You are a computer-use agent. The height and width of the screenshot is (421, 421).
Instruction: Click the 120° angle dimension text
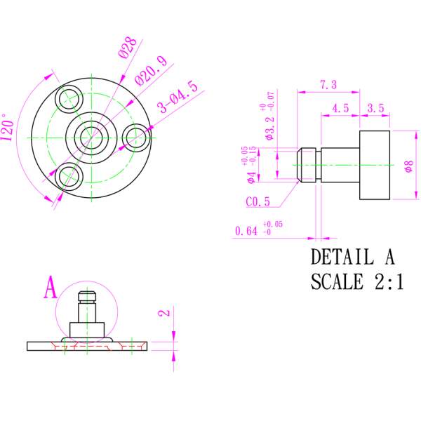pos(8,128)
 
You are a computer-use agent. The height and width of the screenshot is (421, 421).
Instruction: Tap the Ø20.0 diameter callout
pos(151,70)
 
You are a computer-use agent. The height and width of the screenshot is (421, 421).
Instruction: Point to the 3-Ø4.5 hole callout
pos(178,98)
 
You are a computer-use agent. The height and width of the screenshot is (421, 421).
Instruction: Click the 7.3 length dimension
pos(328,85)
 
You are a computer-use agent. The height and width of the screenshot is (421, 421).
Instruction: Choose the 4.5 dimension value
pos(340,108)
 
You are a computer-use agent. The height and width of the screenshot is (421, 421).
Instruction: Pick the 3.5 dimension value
pos(376,108)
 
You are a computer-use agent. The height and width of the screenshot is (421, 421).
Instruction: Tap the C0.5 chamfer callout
pos(258,202)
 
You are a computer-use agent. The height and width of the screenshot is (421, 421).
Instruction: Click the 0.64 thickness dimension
pos(246,231)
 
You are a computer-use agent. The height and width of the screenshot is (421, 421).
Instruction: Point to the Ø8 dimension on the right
pos(408,166)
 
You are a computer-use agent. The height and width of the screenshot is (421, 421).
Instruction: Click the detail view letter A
pos(50,288)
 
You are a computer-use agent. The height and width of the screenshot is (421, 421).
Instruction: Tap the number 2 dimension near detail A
pos(163,313)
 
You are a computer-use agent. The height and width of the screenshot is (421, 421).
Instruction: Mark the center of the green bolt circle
pos(91,138)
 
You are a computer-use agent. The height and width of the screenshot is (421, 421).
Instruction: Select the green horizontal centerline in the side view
pos(344,165)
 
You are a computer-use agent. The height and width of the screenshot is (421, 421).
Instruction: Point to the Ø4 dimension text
pos(251,176)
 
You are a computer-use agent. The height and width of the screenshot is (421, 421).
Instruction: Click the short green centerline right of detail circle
pos(131,345)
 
